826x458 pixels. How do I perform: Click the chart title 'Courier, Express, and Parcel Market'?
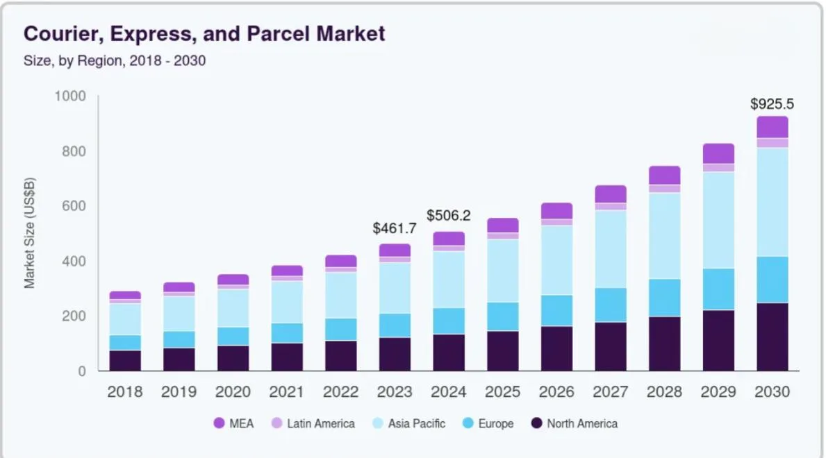(204, 33)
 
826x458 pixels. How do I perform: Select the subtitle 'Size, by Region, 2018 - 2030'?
(115, 61)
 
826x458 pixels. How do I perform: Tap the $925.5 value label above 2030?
(772, 105)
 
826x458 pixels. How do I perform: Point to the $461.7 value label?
(395, 228)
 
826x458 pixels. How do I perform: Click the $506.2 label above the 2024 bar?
(448, 216)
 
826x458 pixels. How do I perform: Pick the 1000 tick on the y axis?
(70, 96)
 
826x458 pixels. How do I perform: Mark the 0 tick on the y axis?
(82, 371)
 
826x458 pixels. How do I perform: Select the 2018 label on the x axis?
(125, 392)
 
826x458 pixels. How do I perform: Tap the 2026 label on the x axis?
(556, 392)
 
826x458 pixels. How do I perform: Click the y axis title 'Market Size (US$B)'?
(30, 233)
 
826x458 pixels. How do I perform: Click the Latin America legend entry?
(313, 423)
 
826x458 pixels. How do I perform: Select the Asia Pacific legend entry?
(408, 423)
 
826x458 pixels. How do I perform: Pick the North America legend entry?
(574, 423)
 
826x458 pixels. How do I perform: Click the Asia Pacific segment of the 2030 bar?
(772, 202)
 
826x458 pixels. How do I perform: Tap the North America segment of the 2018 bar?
(125, 361)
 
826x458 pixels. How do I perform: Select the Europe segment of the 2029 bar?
(718, 289)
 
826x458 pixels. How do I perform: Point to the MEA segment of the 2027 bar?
(611, 194)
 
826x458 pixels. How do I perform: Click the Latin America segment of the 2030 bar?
(772, 143)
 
